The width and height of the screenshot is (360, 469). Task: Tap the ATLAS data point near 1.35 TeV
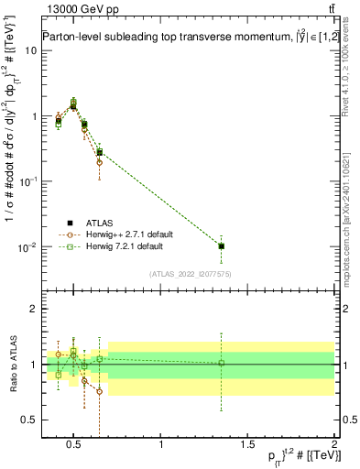coord(222,245)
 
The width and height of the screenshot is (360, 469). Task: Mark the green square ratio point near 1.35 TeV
coord(222,363)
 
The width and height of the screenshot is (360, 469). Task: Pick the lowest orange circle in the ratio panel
coord(99,391)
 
